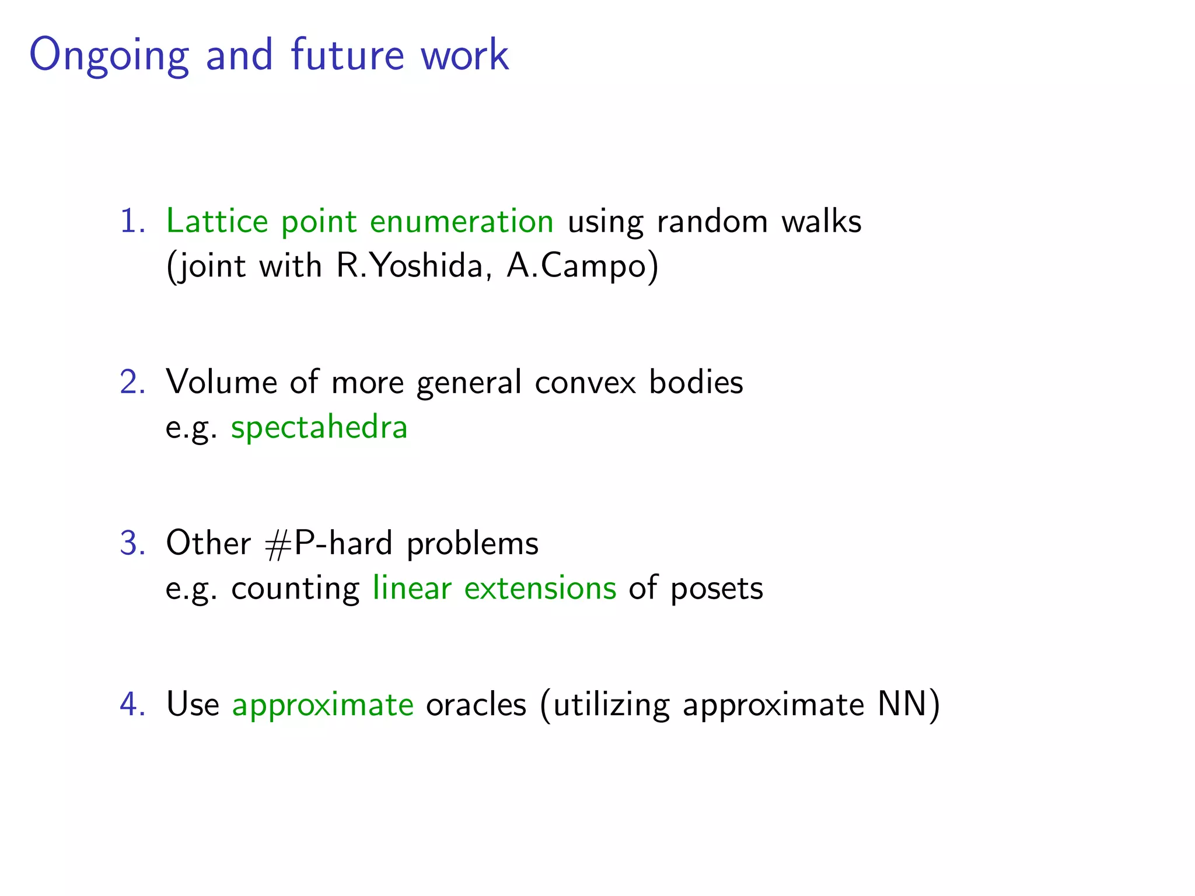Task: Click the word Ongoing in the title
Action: [x=109, y=56]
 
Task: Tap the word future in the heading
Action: [x=347, y=55]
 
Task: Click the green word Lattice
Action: [x=217, y=222]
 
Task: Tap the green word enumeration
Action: [x=462, y=222]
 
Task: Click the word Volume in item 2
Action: [x=221, y=383]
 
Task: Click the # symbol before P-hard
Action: [x=277, y=545]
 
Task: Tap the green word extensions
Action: [x=540, y=588]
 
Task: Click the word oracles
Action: [x=476, y=704]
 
